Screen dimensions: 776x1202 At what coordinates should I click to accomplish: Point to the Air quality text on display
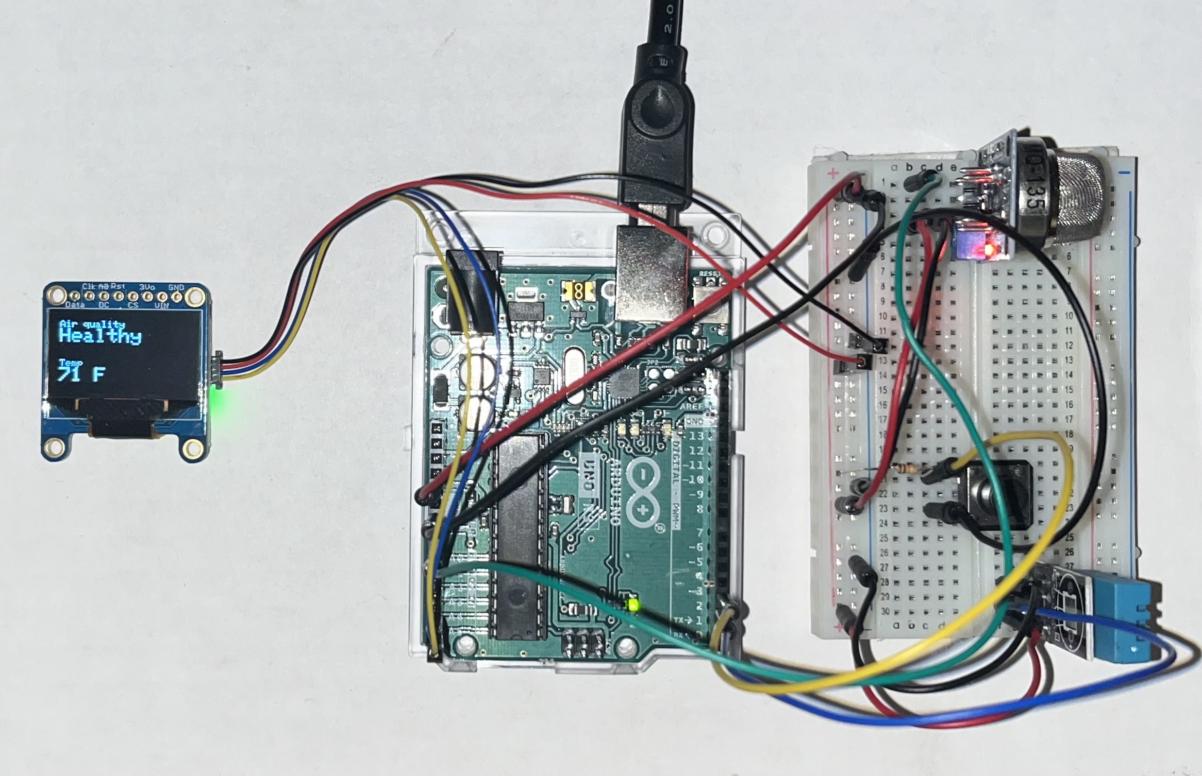(x=92, y=324)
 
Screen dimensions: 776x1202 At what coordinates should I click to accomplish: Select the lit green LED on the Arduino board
(x=632, y=604)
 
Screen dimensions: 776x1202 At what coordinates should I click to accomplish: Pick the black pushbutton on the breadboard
(x=997, y=494)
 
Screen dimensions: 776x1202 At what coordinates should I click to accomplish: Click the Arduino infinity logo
(x=642, y=489)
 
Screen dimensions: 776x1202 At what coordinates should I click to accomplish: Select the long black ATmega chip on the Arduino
(x=521, y=536)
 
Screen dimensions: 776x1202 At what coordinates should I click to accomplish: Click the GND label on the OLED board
(x=176, y=287)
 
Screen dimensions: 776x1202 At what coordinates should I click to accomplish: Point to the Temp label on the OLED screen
(x=71, y=363)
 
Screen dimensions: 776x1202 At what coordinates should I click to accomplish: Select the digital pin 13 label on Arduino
(x=696, y=436)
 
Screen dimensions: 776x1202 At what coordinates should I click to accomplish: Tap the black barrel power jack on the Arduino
(x=473, y=291)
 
